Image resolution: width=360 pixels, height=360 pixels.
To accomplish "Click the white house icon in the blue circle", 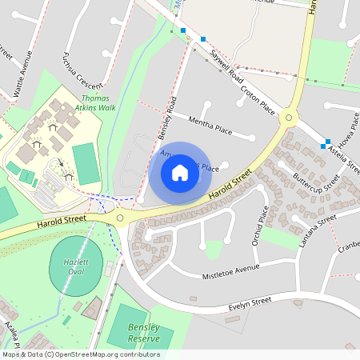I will tap(180, 172).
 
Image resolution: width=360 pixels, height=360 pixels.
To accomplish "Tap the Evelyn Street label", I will tap(250, 302).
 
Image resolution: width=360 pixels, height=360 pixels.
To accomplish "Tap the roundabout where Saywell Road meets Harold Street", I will tap(289, 118).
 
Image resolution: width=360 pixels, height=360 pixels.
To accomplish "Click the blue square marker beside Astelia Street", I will tap(324, 146).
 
